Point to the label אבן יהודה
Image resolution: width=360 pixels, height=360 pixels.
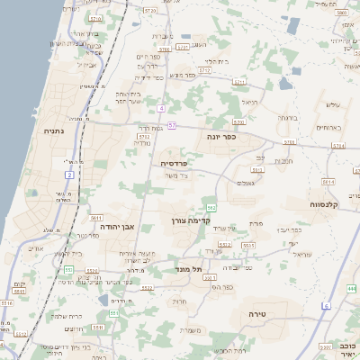pos(116,226)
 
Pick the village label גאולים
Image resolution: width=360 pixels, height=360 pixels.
pos(246,184)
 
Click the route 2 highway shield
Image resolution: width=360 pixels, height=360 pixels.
pos(69,174)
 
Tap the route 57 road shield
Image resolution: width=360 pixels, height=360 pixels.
pos(171,124)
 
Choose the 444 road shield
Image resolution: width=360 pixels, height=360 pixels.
pos(352,287)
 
